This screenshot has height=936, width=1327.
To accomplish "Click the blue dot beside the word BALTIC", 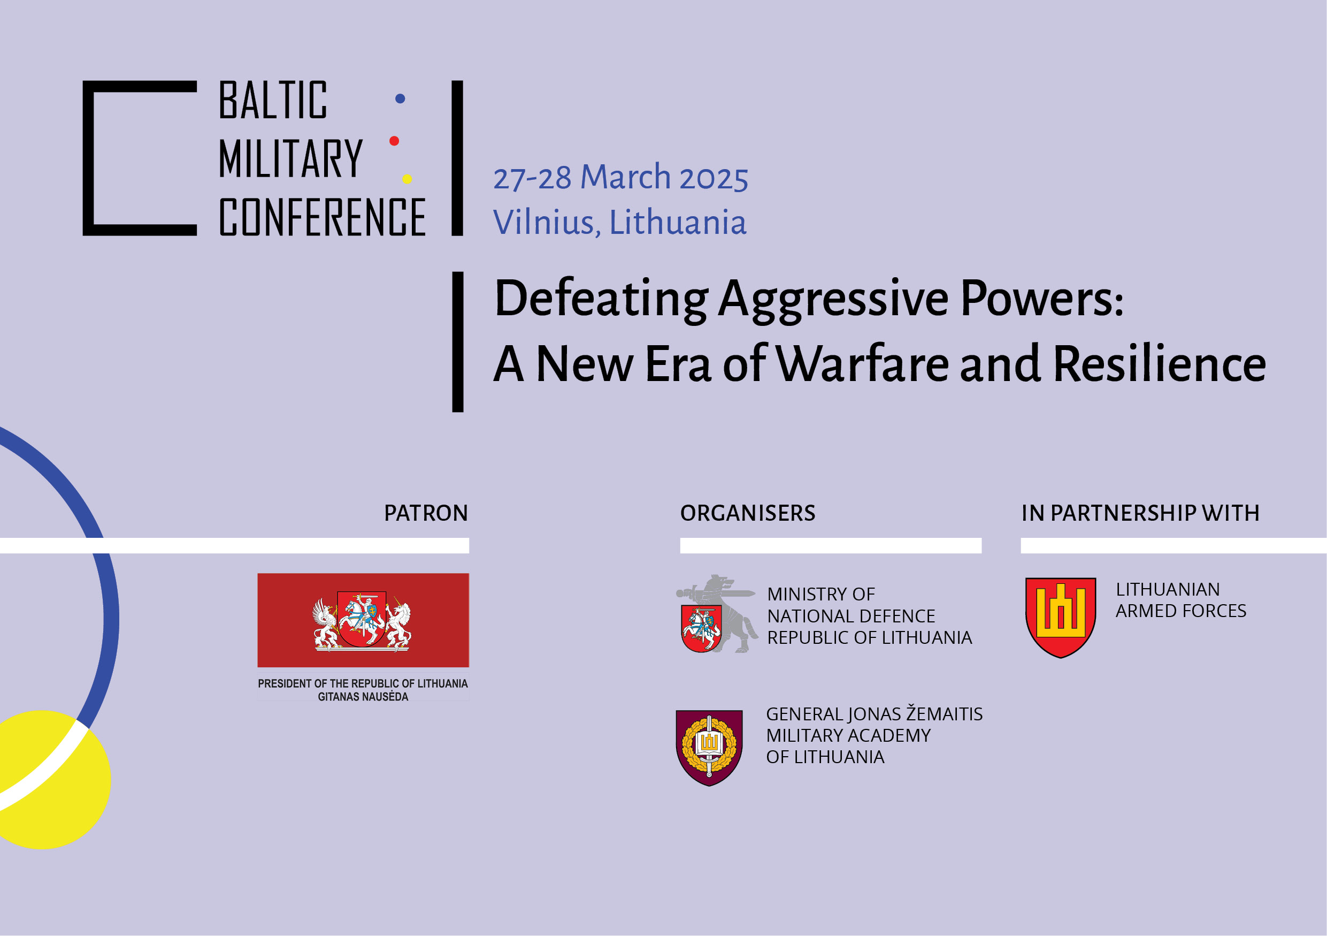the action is tap(400, 99).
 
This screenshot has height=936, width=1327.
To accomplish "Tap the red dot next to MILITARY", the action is tap(394, 141).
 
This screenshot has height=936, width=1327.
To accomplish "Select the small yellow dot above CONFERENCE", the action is tap(407, 179).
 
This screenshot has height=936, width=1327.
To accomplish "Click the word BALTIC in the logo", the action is tap(273, 100).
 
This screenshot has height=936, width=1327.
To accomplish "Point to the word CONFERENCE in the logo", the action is tap(323, 217).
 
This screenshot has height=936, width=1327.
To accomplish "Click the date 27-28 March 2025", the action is tap(621, 178).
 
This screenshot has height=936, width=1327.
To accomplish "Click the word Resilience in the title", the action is tap(1160, 364).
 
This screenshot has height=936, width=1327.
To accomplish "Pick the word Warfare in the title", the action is tap(862, 364).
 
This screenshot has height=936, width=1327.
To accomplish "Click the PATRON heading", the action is tap(426, 513).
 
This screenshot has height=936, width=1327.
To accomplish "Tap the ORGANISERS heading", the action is tap(748, 513).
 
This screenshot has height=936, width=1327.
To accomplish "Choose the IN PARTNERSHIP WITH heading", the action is tap(1140, 513).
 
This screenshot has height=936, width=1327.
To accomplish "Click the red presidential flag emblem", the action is tap(363, 620).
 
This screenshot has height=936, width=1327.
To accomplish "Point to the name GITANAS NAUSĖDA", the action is tap(363, 697).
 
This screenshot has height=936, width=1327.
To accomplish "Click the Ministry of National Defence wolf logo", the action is tap(717, 614).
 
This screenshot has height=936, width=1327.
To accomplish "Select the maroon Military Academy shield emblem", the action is tap(709, 748).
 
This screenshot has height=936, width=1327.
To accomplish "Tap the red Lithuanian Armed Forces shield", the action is tap(1061, 618).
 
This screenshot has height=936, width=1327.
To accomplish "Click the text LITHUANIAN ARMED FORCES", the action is tap(1181, 600).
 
